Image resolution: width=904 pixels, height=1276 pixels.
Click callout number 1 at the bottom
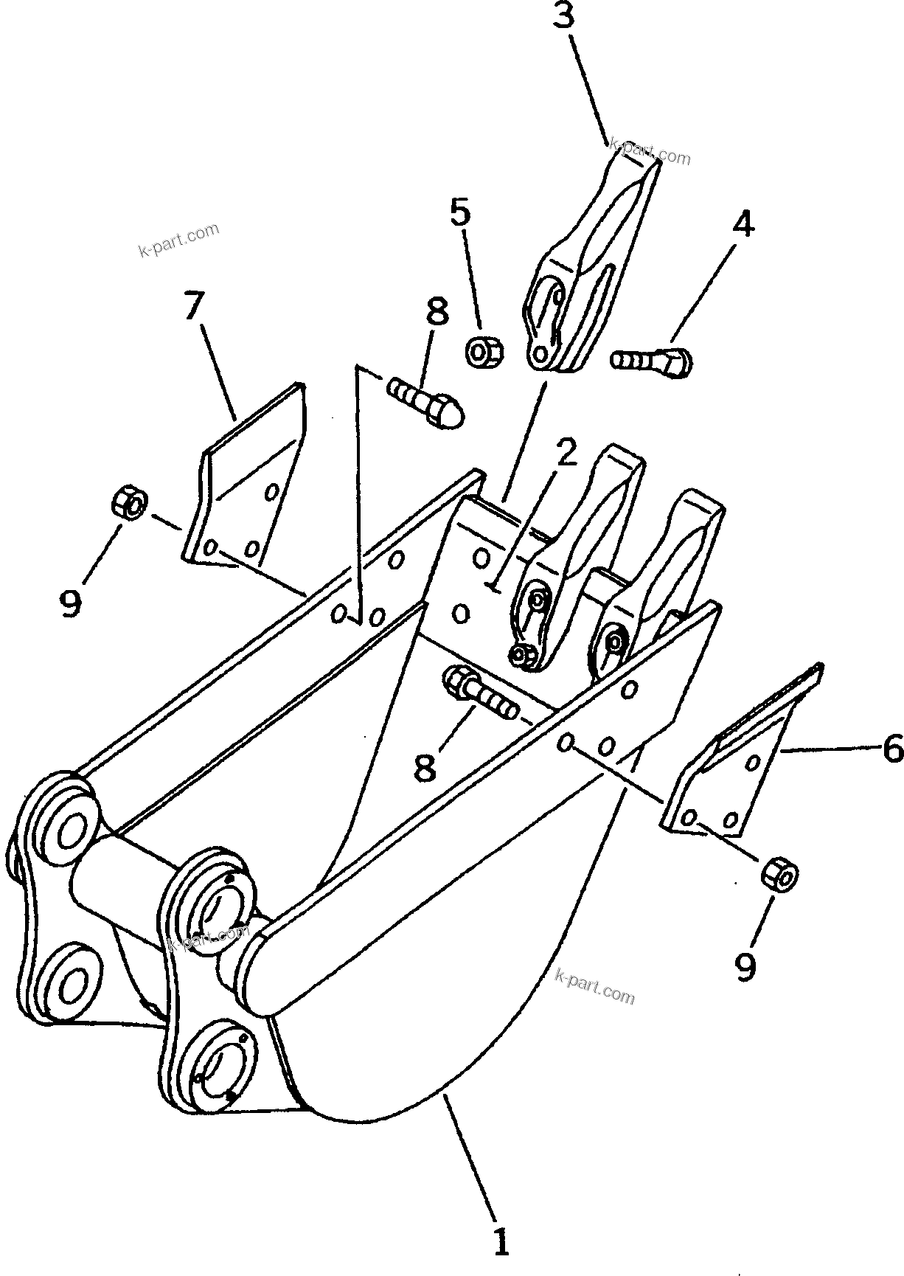click(501, 1241)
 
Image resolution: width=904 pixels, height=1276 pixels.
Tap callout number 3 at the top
click(563, 16)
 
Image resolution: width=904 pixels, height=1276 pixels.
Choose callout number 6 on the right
click(892, 750)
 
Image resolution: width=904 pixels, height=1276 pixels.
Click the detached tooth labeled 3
click(590, 266)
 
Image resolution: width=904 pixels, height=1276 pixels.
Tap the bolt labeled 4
click(652, 361)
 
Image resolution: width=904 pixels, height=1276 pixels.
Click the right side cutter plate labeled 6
click(737, 760)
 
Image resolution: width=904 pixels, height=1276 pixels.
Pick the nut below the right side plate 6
click(779, 875)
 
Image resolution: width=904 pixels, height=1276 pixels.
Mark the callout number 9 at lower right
click(746, 965)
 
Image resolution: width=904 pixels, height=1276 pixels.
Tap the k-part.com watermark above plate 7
click(178, 239)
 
